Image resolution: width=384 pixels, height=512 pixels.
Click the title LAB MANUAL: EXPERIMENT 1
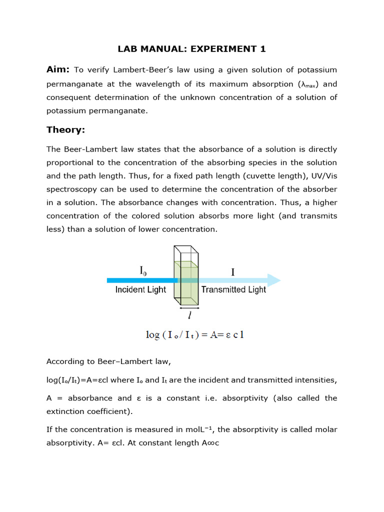pos(191,48)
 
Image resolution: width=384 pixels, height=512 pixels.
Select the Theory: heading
pos(65,130)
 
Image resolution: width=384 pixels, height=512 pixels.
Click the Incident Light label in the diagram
pos(140,290)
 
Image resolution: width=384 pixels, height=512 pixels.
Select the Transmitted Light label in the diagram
pos(233,290)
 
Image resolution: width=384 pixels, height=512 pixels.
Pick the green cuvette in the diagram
pos(186,282)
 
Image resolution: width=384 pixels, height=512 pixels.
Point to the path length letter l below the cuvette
pos(189,316)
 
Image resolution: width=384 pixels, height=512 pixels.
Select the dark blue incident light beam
pos(140,280)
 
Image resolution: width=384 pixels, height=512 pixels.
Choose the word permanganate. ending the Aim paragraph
pos(97,110)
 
